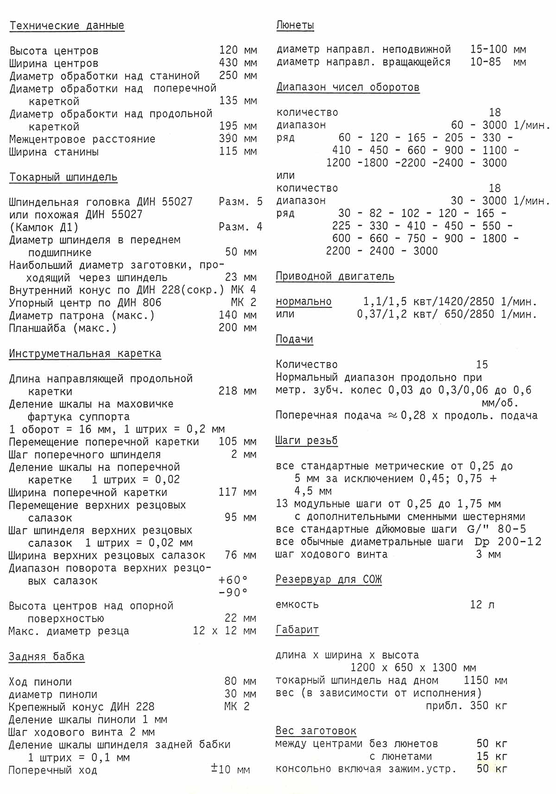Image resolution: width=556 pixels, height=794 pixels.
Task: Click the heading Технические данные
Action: click(x=67, y=25)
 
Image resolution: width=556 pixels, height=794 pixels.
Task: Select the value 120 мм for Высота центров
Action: click(x=238, y=50)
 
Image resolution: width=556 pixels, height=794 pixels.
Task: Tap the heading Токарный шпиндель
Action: click(x=63, y=177)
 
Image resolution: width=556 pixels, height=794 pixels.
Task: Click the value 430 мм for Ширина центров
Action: click(x=238, y=63)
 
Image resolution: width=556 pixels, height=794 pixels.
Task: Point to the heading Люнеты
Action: click(x=295, y=25)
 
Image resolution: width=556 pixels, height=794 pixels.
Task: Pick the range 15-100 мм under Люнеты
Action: click(x=498, y=49)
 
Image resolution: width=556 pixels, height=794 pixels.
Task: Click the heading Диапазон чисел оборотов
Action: click(x=348, y=88)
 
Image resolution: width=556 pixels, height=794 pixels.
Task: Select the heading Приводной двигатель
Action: click(x=335, y=277)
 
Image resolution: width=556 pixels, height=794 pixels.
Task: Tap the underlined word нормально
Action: click(x=303, y=302)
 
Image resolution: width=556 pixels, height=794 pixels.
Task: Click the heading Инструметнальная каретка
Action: click(x=85, y=354)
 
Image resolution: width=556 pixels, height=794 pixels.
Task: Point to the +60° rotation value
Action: click(x=233, y=580)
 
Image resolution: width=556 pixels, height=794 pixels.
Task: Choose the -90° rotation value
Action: click(x=233, y=593)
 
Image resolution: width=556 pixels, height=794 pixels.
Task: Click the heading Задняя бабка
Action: click(x=46, y=656)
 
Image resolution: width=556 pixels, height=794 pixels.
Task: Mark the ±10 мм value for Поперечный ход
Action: click(x=230, y=769)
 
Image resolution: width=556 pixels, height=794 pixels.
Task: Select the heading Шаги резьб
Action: click(x=306, y=441)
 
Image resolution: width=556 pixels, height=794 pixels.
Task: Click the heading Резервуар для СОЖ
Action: click(x=329, y=580)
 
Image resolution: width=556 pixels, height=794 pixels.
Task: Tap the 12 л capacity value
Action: click(x=482, y=605)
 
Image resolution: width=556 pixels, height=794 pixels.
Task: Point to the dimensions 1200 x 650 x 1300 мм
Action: click(x=413, y=668)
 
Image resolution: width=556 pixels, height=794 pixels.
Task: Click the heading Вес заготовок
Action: click(x=316, y=731)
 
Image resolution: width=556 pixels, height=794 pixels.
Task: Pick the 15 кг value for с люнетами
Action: click(x=492, y=756)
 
